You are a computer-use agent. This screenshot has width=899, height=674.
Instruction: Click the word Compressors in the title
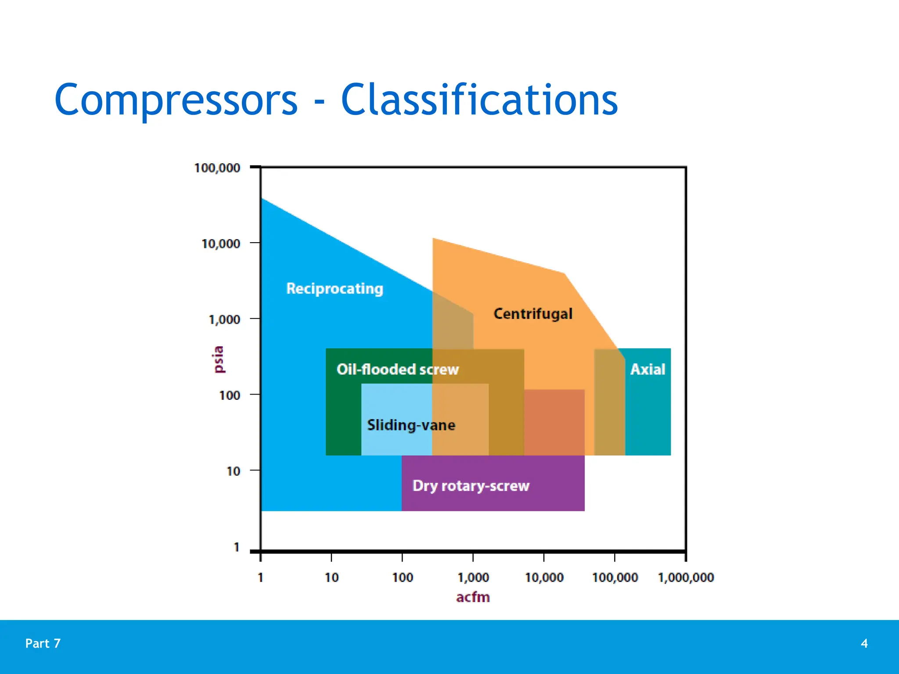coord(176,100)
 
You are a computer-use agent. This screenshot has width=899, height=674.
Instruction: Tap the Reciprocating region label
coord(334,289)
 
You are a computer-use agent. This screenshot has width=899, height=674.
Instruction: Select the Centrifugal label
coord(533,314)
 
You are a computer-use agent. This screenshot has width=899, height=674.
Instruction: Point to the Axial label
coord(647,369)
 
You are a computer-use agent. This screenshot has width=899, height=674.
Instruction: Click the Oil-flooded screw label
coord(397,369)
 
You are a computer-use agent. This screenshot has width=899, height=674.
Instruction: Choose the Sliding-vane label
coord(411,425)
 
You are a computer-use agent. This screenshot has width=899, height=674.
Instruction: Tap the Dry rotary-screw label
coord(471,486)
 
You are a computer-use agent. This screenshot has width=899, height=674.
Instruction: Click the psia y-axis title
coord(219,359)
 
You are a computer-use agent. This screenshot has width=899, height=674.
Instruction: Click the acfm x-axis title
coord(473,597)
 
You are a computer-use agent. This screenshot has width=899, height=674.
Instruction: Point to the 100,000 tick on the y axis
coord(217,168)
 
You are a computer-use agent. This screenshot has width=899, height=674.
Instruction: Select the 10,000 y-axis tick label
coord(221,244)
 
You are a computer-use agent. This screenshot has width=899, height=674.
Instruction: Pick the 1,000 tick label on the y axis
coord(224,320)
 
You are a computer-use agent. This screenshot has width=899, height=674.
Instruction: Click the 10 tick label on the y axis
coord(233,472)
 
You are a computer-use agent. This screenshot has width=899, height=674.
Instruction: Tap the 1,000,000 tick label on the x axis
coord(686,577)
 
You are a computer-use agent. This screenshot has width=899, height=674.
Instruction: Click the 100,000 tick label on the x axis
coord(615,577)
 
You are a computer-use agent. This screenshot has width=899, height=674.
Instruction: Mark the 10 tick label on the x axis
coord(331,577)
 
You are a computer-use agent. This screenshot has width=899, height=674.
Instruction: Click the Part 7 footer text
coord(43,643)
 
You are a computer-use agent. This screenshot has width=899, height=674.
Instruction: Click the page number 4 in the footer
coord(864,643)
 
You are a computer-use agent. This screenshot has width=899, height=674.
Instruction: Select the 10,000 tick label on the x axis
coord(544,577)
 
